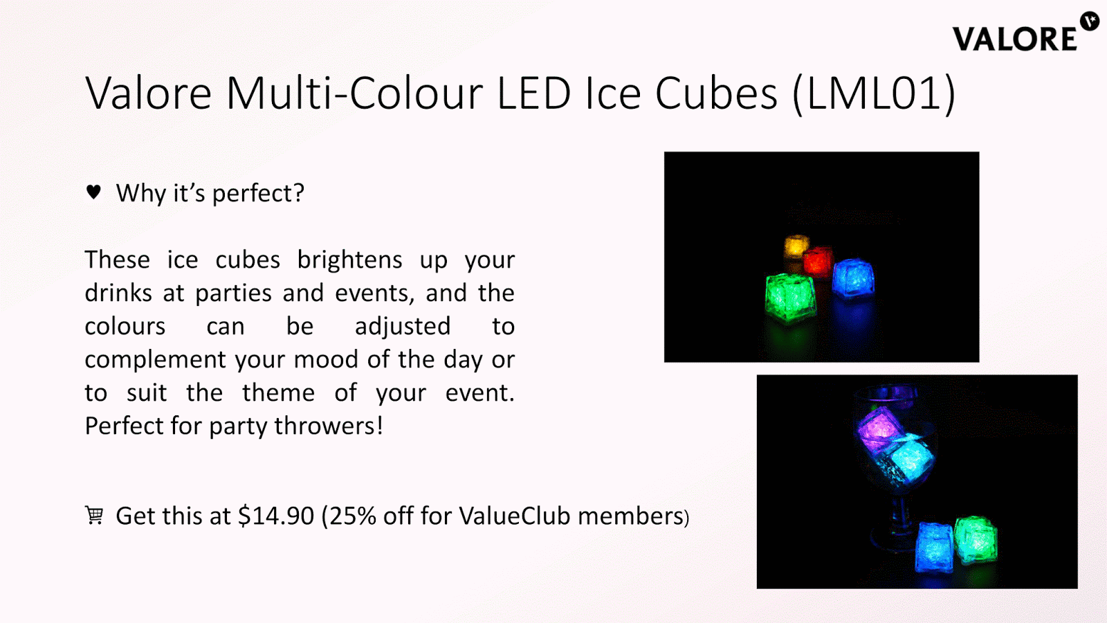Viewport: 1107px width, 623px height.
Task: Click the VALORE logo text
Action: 1014,39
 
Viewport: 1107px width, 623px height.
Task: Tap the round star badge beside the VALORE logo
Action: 1089,21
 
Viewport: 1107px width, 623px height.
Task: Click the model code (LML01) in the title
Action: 875,93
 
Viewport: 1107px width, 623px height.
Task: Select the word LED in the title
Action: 533,93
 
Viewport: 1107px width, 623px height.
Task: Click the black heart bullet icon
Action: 93,191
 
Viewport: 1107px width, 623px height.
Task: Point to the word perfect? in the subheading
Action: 258,193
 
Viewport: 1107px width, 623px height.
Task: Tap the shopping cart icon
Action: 94,515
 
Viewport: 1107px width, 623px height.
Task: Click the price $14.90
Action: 276,516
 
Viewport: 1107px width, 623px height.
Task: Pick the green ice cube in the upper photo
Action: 789,297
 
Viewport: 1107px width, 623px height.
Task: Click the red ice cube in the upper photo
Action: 818,262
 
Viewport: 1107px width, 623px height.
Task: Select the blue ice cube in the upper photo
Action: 853,278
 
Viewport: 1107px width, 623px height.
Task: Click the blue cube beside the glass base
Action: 934,548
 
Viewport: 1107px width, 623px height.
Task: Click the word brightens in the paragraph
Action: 350,260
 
